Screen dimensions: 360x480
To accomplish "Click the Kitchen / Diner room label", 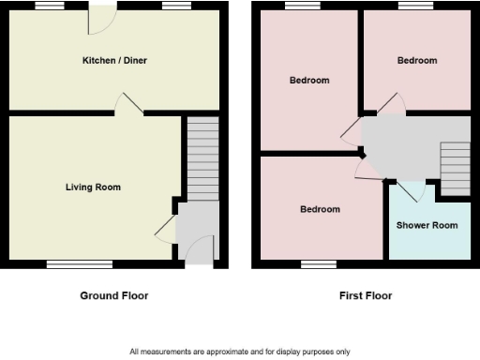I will [114, 61].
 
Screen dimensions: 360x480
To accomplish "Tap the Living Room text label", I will [93, 187].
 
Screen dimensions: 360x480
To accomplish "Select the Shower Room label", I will [427, 226].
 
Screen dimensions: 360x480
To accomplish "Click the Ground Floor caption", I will [113, 295].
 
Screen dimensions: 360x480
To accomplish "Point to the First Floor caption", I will [366, 295].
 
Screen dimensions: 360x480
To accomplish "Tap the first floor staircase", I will [455, 169].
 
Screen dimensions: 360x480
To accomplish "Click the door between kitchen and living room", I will [127, 104].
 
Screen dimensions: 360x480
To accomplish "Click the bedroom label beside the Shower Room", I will [320, 209].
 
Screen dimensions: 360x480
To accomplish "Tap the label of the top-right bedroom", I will [416, 61].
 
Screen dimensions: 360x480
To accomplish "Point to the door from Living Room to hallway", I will [165, 229].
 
